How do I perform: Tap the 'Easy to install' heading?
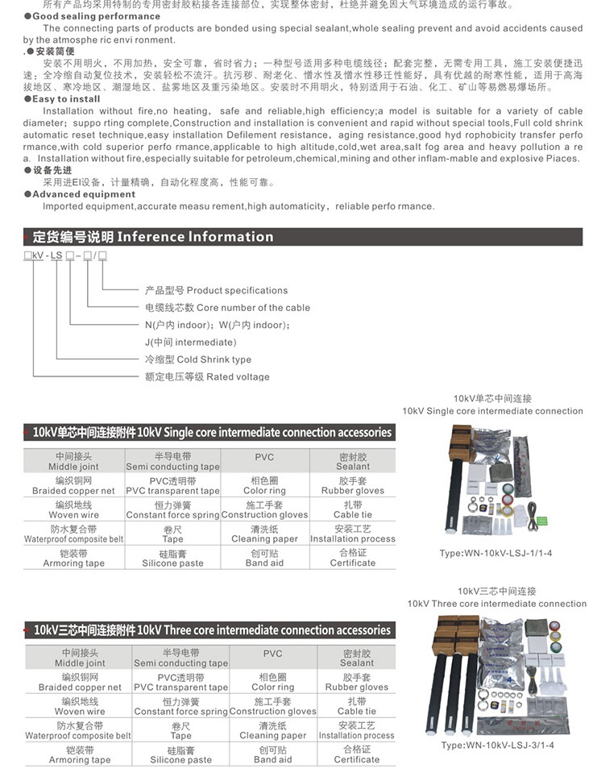pyautogui.click(x=66, y=99)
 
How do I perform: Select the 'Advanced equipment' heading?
pyautogui.click(x=84, y=194)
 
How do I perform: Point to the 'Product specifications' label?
pyautogui.click(x=216, y=290)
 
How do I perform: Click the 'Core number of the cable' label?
pyautogui.click(x=227, y=308)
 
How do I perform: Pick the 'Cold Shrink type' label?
pyautogui.click(x=197, y=359)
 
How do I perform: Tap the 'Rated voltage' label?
pyautogui.click(x=207, y=376)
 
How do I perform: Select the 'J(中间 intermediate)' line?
pyautogui.click(x=190, y=343)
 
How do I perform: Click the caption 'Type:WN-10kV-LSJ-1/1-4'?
pyautogui.click(x=496, y=554)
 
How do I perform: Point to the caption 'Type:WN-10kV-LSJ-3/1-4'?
pyautogui.click(x=497, y=746)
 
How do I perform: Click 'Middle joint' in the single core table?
pyautogui.click(x=73, y=467)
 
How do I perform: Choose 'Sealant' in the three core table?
pyautogui.click(x=356, y=663)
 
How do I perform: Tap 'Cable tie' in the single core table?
pyautogui.click(x=353, y=515)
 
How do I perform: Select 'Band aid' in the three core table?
pyautogui.click(x=272, y=759)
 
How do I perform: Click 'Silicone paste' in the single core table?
pyautogui.click(x=172, y=563)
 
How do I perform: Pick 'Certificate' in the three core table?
pyautogui.click(x=356, y=759)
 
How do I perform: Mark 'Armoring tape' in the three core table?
pyautogui.click(x=80, y=759)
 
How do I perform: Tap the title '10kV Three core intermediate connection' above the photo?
pyautogui.click(x=496, y=604)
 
